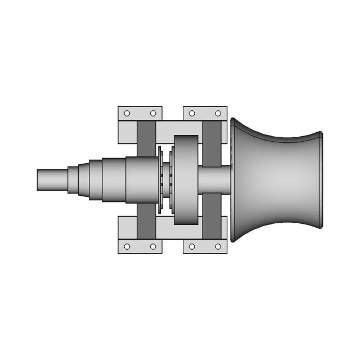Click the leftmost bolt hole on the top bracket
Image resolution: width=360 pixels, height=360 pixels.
(x=127, y=113)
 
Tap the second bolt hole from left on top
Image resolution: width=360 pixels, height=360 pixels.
(x=153, y=113)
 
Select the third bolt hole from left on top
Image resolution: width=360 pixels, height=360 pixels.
(x=192, y=113)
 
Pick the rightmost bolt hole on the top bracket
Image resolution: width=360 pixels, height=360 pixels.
(x=218, y=113)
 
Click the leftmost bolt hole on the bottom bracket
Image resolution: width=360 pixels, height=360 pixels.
(x=127, y=246)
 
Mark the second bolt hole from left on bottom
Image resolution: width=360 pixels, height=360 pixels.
(x=153, y=246)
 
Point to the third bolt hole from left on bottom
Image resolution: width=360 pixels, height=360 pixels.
(x=192, y=246)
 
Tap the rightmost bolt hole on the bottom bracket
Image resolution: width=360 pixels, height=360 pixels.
(x=218, y=246)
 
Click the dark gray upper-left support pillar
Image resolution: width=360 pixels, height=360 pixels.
(x=146, y=138)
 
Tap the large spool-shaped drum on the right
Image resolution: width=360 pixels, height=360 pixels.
(x=276, y=180)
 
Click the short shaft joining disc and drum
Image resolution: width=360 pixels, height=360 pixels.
(x=214, y=180)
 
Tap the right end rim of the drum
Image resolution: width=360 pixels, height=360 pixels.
(x=321, y=180)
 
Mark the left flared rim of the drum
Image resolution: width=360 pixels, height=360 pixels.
(x=232, y=180)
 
